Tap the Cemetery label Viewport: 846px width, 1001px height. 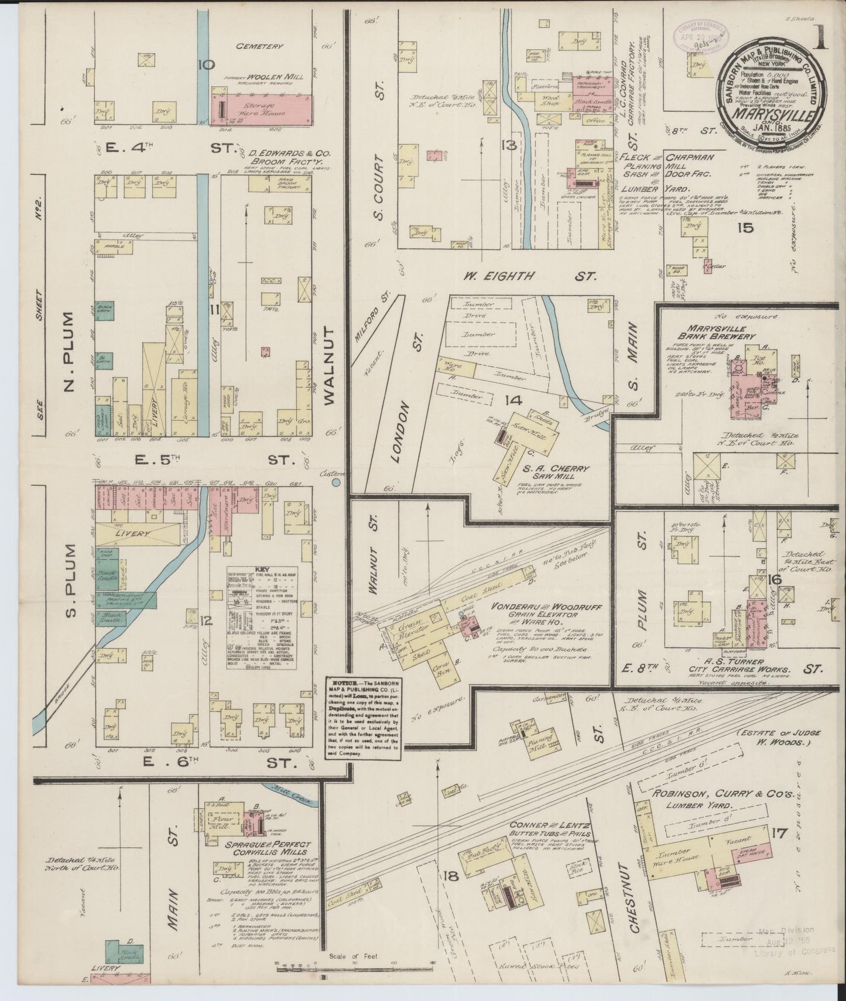(x=259, y=46)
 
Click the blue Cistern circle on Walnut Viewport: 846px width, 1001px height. (x=337, y=483)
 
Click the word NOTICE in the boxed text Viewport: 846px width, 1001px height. (x=343, y=683)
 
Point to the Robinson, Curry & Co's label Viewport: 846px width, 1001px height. (x=722, y=795)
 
